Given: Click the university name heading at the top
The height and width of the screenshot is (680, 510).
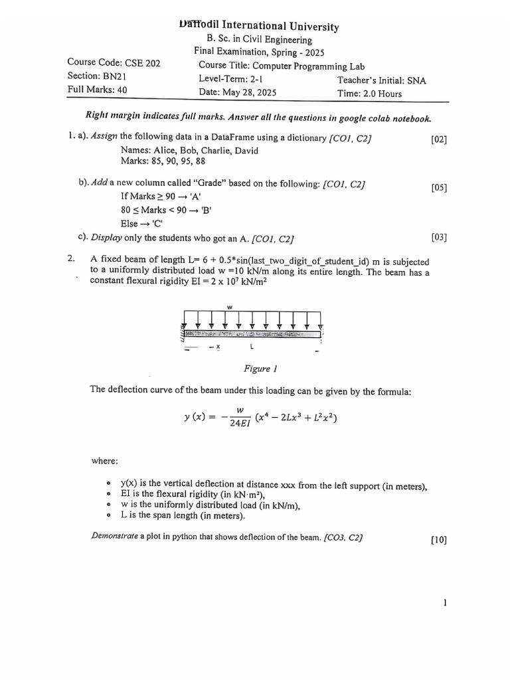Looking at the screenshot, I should click(x=259, y=26).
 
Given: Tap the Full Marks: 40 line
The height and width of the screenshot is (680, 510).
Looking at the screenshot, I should click(x=97, y=90).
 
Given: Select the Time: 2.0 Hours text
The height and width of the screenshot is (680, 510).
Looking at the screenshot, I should click(x=370, y=94).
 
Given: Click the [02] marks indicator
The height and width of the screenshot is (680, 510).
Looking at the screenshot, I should click(x=438, y=139).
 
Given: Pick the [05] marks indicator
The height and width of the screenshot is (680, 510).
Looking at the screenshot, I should click(x=438, y=187).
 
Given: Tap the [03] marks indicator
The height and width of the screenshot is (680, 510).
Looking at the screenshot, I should click(x=438, y=236).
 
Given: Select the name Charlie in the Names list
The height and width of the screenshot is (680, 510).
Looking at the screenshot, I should click(x=209, y=150).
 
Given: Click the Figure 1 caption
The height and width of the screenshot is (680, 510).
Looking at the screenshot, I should click(x=257, y=369).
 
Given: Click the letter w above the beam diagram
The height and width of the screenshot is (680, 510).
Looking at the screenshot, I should click(x=230, y=307).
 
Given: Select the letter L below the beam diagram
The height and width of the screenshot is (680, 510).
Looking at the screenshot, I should click(x=251, y=347).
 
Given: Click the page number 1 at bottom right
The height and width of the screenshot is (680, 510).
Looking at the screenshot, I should click(x=444, y=603).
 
